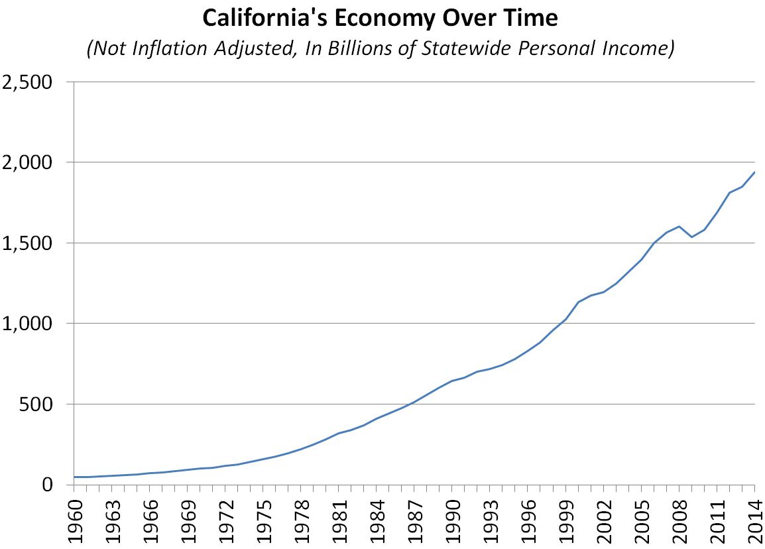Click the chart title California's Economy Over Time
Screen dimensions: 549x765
click(379, 19)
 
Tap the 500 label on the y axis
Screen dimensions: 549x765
click(41, 404)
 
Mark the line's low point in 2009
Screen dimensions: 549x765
click(691, 237)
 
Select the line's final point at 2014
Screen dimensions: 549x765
click(754, 172)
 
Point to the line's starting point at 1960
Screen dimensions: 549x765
click(74, 477)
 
